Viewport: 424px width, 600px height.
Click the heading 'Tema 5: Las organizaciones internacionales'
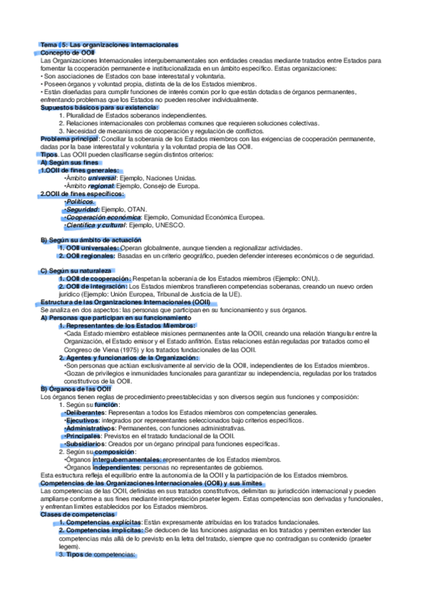109,45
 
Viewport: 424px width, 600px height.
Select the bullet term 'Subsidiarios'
86,443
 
